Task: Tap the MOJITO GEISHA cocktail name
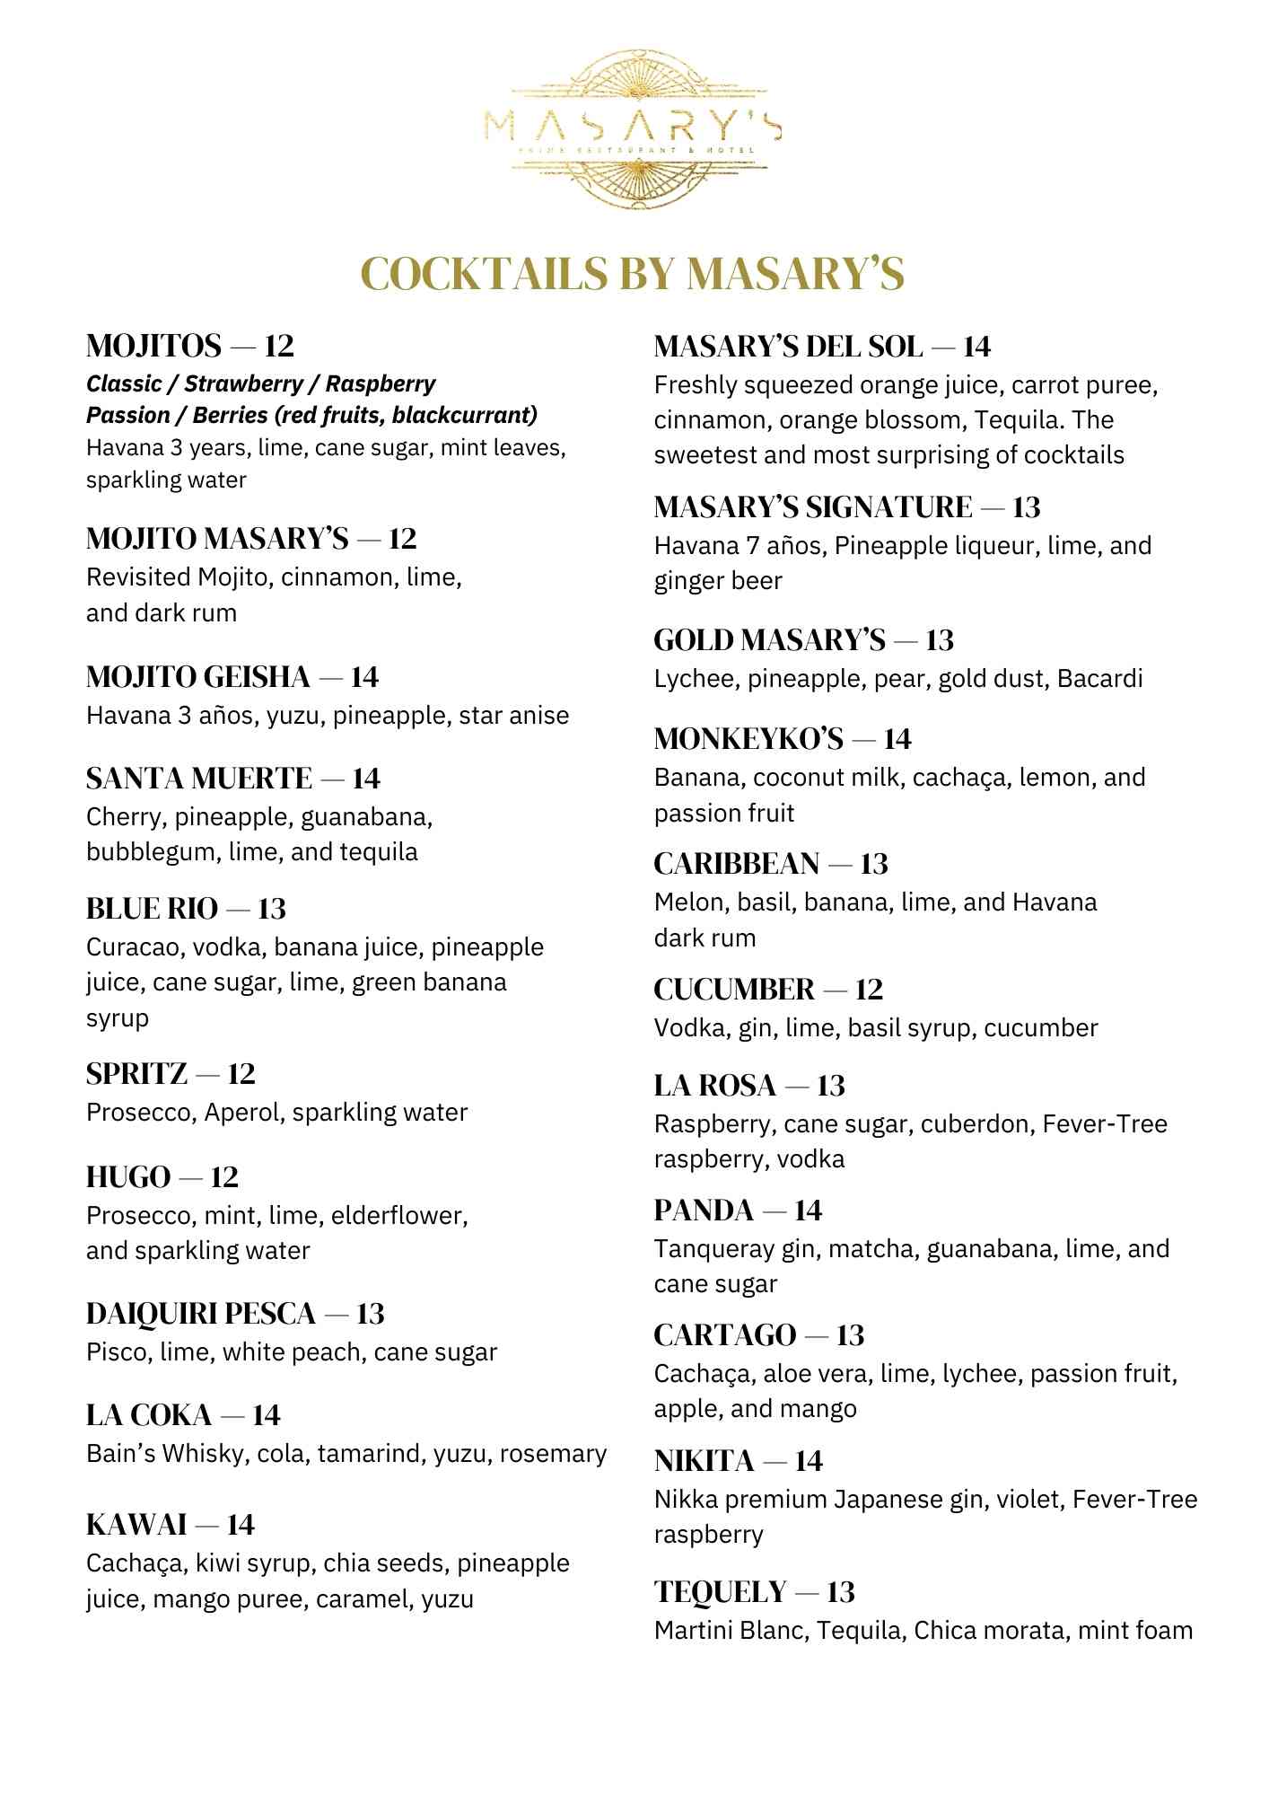(197, 677)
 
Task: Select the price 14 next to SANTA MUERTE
(365, 779)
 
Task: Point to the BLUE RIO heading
(152, 909)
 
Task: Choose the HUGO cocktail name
(128, 1177)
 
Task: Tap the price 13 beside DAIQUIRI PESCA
(370, 1315)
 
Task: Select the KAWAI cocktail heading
(136, 1525)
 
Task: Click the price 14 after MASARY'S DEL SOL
(976, 347)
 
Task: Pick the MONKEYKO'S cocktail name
(748, 739)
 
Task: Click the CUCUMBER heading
(734, 990)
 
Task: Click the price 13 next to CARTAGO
(850, 1335)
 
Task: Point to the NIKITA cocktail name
(704, 1461)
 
